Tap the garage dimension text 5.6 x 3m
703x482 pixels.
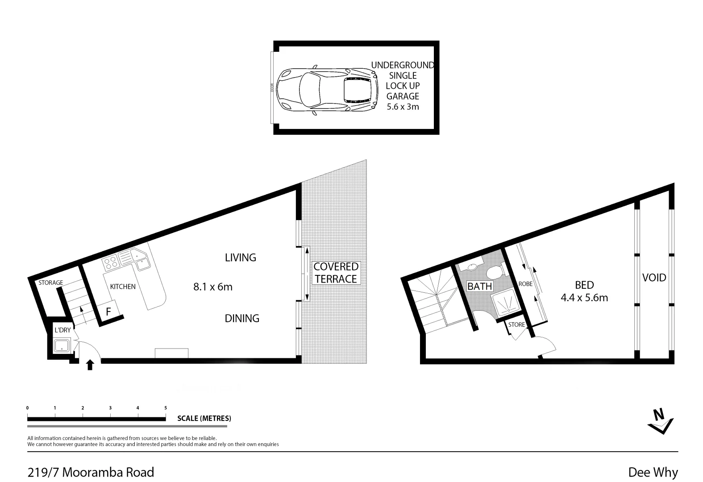pos(403,107)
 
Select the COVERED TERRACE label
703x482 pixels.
pos(336,273)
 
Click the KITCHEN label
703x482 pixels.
pos(123,287)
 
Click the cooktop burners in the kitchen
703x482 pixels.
pos(111,262)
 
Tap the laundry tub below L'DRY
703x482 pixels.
pos(61,346)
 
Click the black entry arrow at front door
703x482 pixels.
pos(90,365)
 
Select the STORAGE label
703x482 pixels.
pos(50,283)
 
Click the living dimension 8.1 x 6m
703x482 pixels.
pos(213,287)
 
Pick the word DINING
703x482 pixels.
pos(242,318)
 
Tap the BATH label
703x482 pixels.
pos(479,286)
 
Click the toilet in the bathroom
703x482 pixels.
pos(494,272)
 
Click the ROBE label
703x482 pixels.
pos(525,284)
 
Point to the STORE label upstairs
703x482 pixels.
pos(516,324)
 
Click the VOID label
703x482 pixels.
pos(654,278)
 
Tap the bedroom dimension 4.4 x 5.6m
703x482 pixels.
pos(584,298)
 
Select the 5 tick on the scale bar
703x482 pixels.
pos(166,408)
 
